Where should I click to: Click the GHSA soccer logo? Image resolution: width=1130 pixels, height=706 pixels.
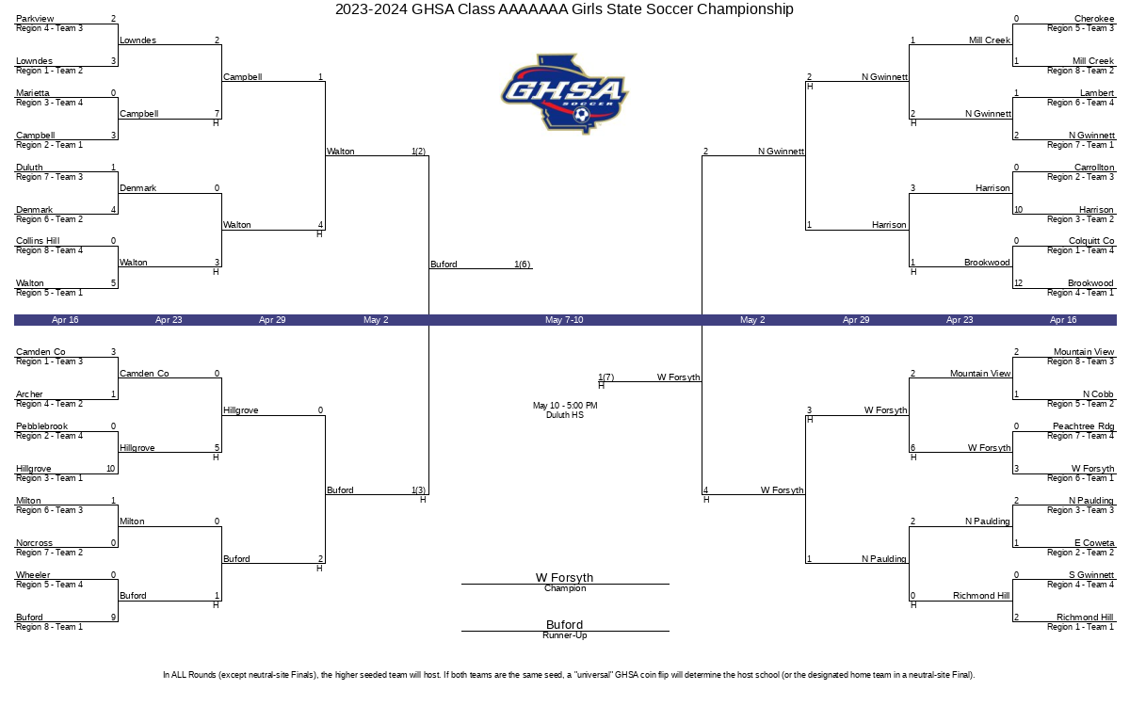coord(564,94)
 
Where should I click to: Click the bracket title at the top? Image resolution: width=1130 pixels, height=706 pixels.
coord(564,9)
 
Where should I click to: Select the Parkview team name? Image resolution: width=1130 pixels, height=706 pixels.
coord(35,19)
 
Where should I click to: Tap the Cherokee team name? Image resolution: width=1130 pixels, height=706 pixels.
coord(1093,19)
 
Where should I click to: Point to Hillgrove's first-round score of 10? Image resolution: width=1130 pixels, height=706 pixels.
coord(111,469)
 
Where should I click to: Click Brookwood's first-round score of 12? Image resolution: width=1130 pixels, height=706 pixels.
coord(1019,283)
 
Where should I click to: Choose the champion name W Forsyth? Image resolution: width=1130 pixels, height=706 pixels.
coord(564,577)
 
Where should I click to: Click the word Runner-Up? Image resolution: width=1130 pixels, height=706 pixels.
coord(564,635)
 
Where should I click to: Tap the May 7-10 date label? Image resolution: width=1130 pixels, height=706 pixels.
coord(564,320)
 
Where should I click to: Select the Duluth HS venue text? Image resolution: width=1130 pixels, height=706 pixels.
coord(564,415)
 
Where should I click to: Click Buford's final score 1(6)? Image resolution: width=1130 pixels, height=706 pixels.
coord(522,265)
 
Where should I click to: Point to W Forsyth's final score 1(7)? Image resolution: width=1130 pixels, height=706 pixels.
coord(605,377)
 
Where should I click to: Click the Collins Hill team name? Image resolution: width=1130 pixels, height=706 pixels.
coord(38,241)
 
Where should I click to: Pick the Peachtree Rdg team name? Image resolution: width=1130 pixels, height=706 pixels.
coord(1083,426)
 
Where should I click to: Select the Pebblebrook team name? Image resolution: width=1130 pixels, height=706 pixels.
coord(41,426)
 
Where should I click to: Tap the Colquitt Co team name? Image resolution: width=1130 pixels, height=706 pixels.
coord(1091,241)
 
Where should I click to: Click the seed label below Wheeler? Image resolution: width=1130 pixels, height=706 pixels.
coord(49,585)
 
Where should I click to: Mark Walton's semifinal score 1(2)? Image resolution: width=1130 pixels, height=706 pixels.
coord(418,152)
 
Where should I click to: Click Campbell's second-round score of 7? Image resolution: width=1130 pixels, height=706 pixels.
coord(217,114)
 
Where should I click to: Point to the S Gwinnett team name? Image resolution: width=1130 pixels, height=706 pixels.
coord(1091,575)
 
